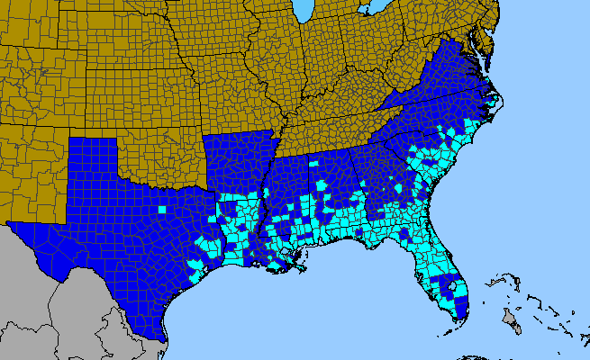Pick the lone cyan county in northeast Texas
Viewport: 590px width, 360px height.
[x=163, y=209]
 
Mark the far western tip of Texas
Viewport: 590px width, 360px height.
[x=9, y=222]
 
